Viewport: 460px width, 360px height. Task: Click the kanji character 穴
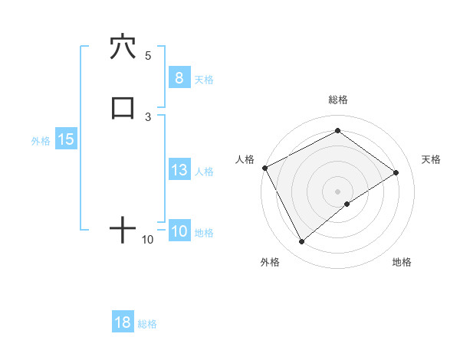pos(123,47)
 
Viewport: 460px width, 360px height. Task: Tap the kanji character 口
pos(123,108)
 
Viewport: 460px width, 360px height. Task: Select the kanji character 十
pos(123,230)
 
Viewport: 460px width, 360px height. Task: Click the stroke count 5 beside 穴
pos(148,55)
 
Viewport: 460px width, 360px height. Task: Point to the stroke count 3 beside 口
pos(148,116)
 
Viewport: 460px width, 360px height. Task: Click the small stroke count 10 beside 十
pos(148,240)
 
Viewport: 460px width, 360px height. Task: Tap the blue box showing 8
pos(179,77)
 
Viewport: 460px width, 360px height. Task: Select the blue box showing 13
pos(179,170)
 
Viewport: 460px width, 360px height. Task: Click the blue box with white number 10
pos(179,231)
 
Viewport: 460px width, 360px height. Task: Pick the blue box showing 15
pos(65,139)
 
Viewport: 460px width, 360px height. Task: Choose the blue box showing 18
pos(123,322)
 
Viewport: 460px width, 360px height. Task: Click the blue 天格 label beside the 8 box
pos(204,79)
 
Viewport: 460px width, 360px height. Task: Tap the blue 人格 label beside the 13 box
pos(204,172)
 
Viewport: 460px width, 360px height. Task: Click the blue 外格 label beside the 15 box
pos(41,141)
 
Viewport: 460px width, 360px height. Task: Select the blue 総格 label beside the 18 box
pos(147,324)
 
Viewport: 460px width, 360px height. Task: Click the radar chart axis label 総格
pos(338,100)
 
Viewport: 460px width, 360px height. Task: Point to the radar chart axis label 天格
pos(431,159)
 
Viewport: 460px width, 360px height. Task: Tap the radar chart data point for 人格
pos(264,167)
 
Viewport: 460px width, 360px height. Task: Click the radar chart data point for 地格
pos(347,204)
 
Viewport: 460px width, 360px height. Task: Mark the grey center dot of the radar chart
pos(337,191)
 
